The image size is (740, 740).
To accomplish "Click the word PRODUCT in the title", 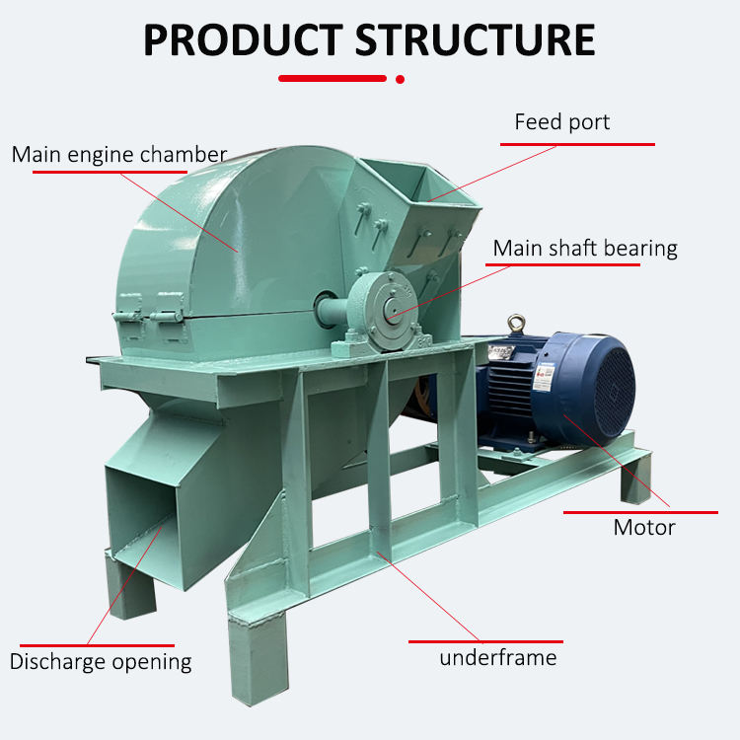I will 242,39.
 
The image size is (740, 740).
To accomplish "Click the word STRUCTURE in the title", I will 475,39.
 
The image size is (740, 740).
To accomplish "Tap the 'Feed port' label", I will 561,122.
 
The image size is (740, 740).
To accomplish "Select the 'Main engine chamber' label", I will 119,154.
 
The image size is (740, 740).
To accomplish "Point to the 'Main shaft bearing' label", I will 585,248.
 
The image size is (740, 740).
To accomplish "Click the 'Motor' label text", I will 644,527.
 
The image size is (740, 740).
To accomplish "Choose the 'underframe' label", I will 498,657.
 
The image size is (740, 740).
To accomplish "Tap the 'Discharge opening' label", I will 101,661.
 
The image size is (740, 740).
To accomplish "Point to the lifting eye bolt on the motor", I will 514,324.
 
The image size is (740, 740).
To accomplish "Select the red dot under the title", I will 400,78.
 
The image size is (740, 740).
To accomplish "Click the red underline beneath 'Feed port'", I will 577,144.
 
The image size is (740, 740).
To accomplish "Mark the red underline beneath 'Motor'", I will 640,512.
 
